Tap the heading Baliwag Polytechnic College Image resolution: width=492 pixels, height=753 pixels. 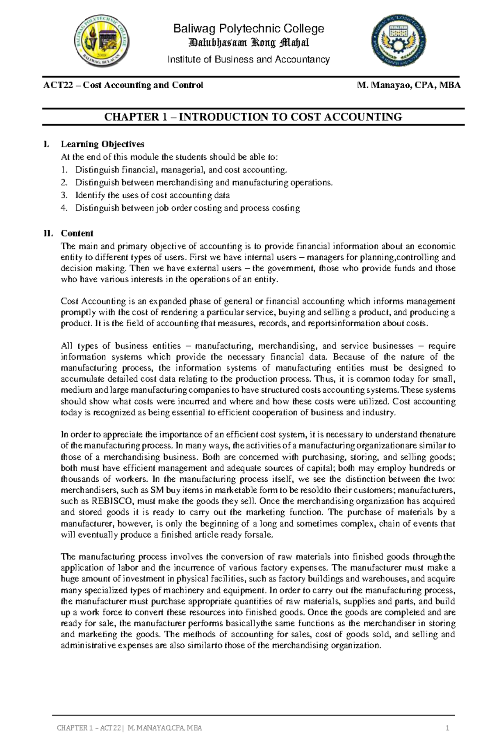point(249,29)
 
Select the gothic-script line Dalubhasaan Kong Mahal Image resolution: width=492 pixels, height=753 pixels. point(248,43)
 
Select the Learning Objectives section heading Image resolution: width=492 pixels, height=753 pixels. point(102,144)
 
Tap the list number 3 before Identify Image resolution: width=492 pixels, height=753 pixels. point(64,195)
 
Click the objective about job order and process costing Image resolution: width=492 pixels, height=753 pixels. point(187,208)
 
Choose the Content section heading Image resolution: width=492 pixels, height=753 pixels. point(77,233)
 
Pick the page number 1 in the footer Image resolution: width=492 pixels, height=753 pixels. point(448,729)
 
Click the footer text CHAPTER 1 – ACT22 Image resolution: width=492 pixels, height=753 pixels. point(89,729)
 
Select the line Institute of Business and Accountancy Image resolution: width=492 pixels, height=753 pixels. point(248,60)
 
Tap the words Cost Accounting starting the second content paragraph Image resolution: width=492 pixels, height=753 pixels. point(87,302)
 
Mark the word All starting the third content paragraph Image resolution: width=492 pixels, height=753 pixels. point(66,346)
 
